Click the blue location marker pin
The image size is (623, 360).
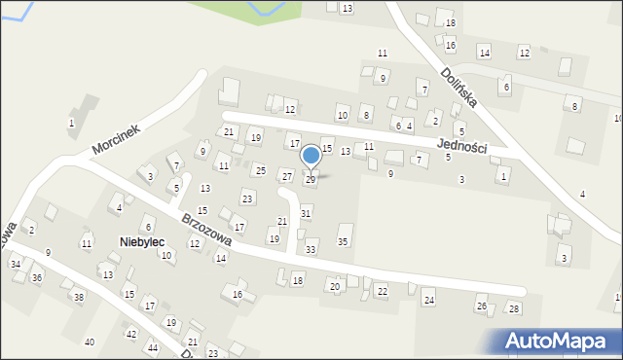(311, 156)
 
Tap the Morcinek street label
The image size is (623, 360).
(117, 141)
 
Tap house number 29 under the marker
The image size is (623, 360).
(311, 180)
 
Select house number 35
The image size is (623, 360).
(343, 241)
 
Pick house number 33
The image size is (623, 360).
(311, 250)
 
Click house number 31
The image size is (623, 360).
(306, 213)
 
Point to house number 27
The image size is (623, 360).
(286, 176)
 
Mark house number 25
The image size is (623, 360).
(260, 170)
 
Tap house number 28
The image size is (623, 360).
(514, 308)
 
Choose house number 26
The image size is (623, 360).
(481, 306)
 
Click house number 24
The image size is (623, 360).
(428, 300)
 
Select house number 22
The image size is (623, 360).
(382, 291)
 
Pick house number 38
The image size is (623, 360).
(79, 297)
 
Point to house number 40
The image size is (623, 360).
(90, 342)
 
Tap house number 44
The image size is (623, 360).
(153, 347)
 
